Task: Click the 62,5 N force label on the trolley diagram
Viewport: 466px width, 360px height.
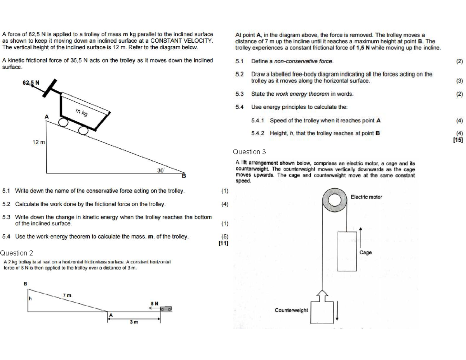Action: (x=31, y=83)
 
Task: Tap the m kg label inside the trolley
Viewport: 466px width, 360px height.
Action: (x=82, y=113)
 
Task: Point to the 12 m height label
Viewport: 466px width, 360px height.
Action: (x=38, y=143)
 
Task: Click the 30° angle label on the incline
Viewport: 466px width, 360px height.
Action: (x=160, y=170)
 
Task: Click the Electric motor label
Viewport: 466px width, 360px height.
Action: (x=366, y=197)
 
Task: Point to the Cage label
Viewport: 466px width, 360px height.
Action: (x=365, y=252)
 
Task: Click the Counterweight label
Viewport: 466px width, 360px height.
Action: (x=291, y=310)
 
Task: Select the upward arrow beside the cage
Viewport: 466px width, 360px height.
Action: (x=361, y=237)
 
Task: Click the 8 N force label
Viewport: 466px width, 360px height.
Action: (x=154, y=303)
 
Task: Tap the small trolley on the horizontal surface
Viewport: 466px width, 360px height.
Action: (x=166, y=309)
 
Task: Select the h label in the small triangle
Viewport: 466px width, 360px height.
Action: (x=30, y=299)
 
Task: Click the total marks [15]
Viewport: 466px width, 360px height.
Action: (x=458, y=140)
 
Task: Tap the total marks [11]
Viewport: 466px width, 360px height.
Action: (x=223, y=243)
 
